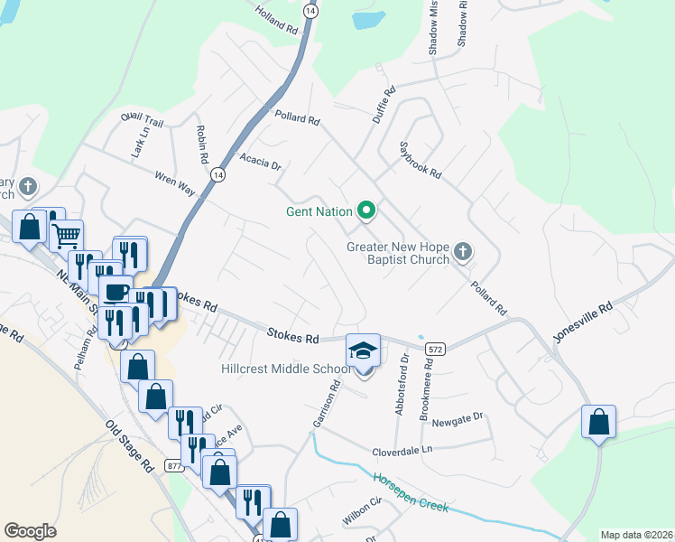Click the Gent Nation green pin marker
pyautogui.click(x=366, y=212)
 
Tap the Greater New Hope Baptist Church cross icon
pyautogui.click(x=463, y=251)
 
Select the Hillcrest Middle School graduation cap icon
pyautogui.click(x=363, y=350)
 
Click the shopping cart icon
pyautogui.click(x=67, y=236)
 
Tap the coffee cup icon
pyautogui.click(x=115, y=292)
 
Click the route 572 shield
pyautogui.click(x=436, y=348)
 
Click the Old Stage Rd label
pyautogui.click(x=128, y=447)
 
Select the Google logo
pyautogui.click(x=31, y=531)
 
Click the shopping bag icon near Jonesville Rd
pyautogui.click(x=599, y=422)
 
